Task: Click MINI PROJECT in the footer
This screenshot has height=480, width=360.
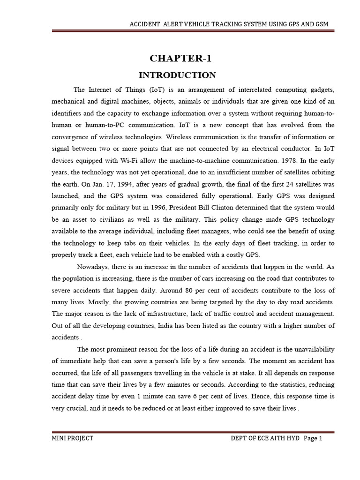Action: [73, 438]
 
